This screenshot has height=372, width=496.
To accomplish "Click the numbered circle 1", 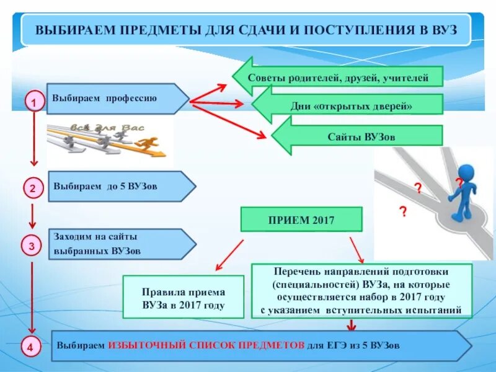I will [x=34, y=102].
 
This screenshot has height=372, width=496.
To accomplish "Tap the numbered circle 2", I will [x=34, y=187].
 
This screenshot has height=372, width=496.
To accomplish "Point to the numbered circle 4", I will [x=32, y=347].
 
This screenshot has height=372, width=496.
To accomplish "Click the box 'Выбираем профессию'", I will [x=112, y=99].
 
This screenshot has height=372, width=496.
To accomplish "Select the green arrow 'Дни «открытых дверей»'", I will [x=350, y=105].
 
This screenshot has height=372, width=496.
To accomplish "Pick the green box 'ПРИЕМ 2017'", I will [x=301, y=220].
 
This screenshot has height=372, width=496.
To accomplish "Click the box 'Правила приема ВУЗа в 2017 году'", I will [x=184, y=298].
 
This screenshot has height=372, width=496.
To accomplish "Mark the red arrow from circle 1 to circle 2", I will [x=34, y=139].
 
